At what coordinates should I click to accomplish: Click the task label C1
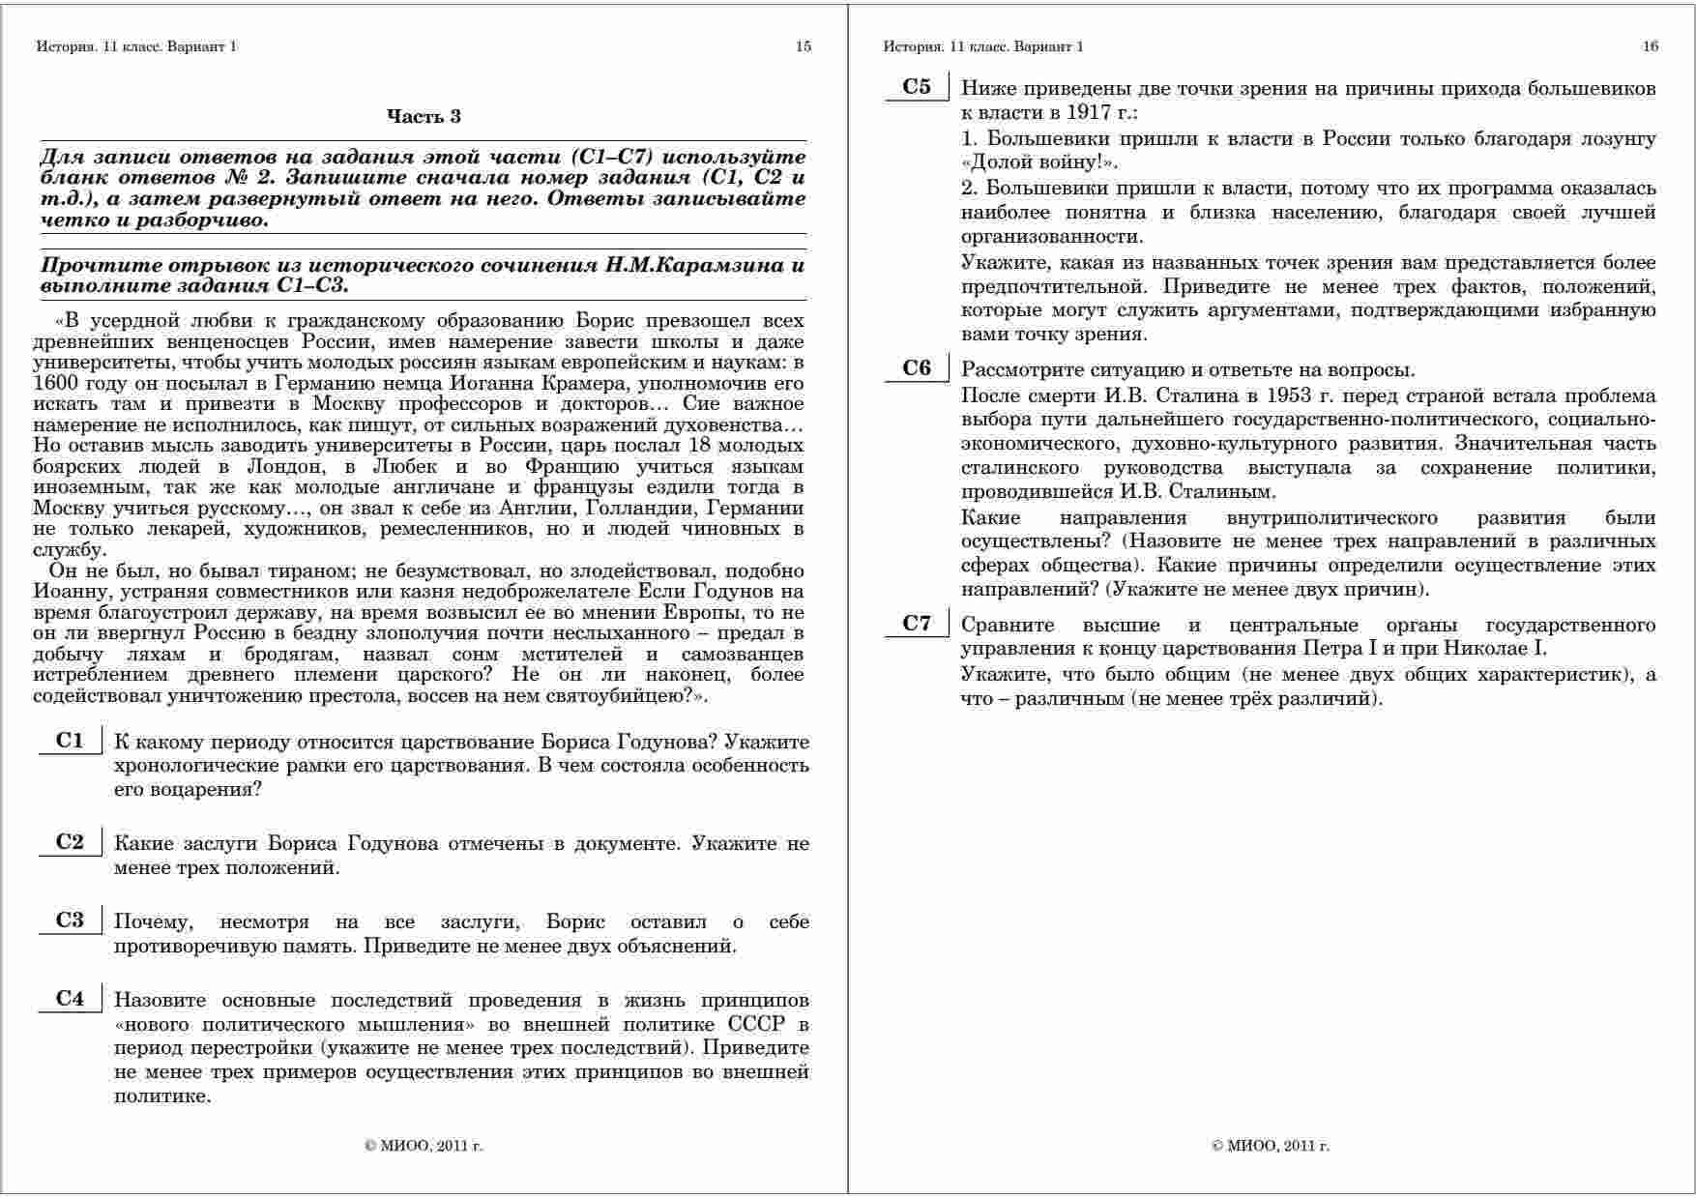(70, 742)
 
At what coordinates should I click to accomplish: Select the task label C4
(70, 999)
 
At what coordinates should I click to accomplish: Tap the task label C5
(917, 87)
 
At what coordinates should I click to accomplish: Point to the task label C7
(917, 624)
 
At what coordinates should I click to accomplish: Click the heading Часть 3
(424, 116)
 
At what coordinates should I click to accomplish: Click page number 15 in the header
(804, 46)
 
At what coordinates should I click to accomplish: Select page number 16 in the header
(1651, 46)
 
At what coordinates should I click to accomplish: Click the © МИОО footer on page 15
(424, 1146)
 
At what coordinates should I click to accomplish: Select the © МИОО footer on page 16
(1271, 1146)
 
